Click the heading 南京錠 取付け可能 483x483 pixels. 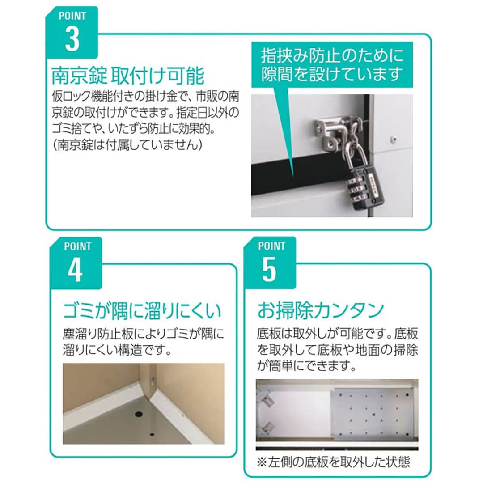click(x=127, y=75)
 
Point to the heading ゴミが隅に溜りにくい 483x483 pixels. click(x=142, y=310)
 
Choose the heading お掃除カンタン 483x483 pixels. click(x=321, y=310)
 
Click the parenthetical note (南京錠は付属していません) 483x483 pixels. click(x=127, y=144)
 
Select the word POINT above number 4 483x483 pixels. click(x=78, y=246)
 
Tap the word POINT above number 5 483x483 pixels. click(x=272, y=246)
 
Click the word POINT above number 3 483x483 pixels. click(x=72, y=16)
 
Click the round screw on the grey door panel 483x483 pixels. click(x=394, y=139)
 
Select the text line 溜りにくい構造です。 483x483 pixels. click(x=117, y=350)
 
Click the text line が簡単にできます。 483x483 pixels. click(x=307, y=366)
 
